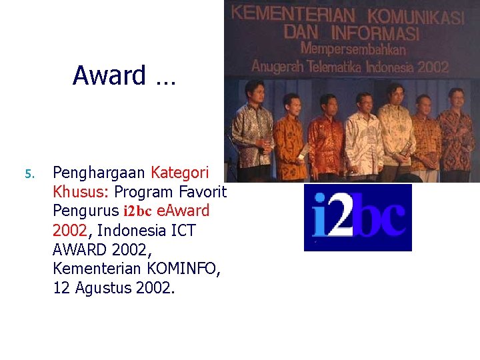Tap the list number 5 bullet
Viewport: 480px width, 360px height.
(x=28, y=175)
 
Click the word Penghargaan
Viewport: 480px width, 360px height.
(x=99, y=173)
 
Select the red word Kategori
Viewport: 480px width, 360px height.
(x=180, y=173)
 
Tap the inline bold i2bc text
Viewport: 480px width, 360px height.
(x=137, y=211)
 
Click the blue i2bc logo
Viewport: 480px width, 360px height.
(x=358, y=217)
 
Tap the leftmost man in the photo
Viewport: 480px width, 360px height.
(x=253, y=130)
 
